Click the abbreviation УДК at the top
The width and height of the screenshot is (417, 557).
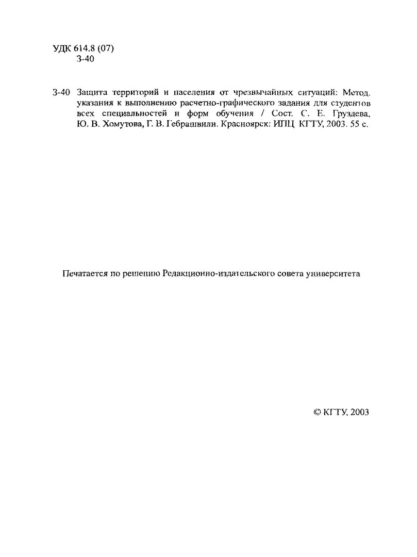coord(62,49)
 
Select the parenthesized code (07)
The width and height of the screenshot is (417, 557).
coord(105,49)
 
